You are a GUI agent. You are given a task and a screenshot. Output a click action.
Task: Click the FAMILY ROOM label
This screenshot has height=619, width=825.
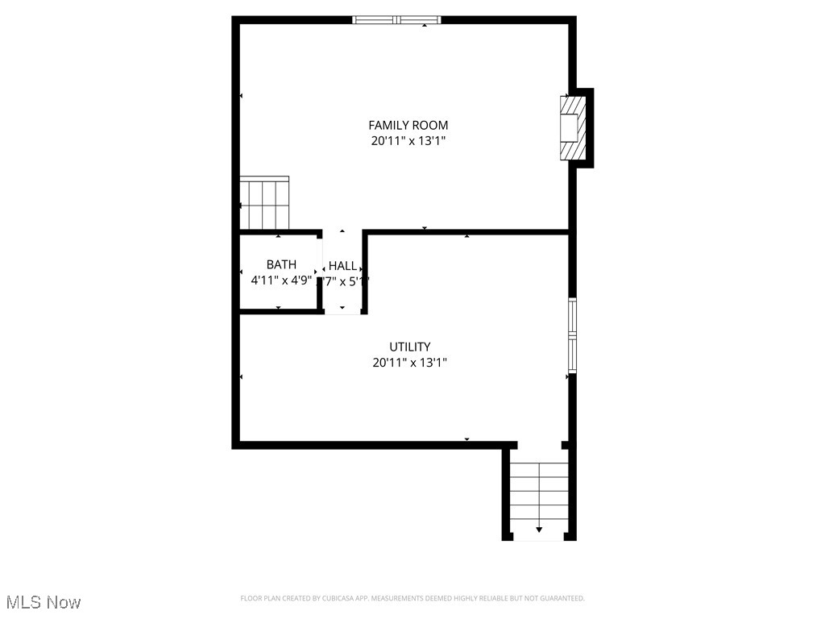408,125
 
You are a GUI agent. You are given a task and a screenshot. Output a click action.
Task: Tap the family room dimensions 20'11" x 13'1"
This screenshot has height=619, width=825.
408,141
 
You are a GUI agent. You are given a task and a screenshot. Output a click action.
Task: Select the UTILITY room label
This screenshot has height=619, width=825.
409,347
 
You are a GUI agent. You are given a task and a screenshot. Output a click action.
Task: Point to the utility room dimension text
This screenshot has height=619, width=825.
409,363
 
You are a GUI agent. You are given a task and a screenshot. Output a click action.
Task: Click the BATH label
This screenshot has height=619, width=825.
281,264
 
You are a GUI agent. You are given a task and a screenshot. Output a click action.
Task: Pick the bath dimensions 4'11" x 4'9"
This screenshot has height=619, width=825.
281,280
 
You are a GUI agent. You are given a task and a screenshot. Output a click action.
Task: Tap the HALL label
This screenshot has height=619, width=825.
342,265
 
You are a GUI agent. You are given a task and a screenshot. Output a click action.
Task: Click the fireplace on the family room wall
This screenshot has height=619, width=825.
573,128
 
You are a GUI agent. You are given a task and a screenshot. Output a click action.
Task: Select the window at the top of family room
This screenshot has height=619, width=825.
397,20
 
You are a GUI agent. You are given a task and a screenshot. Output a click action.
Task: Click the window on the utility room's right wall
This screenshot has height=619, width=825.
572,335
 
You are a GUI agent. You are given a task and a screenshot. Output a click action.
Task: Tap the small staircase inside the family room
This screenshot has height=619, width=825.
264,204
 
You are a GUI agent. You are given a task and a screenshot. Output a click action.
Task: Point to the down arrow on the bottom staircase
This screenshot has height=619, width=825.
539,530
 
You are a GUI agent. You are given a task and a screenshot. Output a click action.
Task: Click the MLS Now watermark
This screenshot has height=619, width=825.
44,602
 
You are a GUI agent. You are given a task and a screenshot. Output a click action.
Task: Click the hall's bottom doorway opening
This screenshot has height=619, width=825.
342,312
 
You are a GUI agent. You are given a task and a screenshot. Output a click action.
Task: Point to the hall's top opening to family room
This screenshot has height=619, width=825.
342,232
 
